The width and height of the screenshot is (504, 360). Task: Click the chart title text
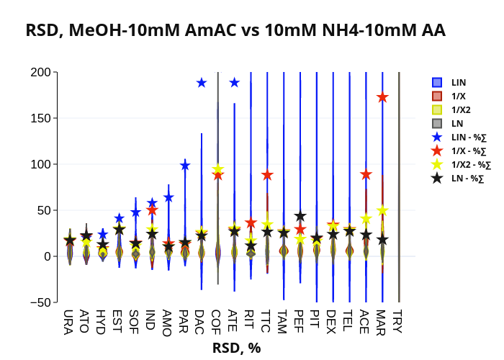click(x=235, y=30)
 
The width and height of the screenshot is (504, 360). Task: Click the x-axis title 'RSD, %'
click(x=236, y=348)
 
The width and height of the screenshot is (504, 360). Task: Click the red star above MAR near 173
click(x=382, y=97)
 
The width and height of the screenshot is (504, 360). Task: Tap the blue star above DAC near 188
click(x=202, y=83)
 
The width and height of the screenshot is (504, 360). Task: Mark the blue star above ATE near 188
click(x=234, y=83)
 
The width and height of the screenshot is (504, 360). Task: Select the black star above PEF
click(x=300, y=216)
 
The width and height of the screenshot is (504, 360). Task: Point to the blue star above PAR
click(x=185, y=166)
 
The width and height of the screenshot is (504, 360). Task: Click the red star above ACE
click(x=366, y=174)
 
